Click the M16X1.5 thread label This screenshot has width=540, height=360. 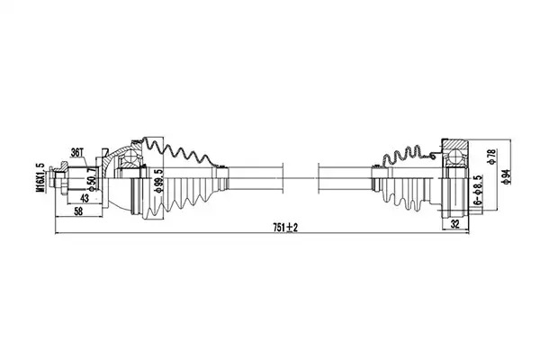tap(42, 177)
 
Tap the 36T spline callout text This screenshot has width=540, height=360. tap(77, 153)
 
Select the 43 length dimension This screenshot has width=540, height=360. tap(85, 198)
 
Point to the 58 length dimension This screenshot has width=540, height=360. tap(78, 211)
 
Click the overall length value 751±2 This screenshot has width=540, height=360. tap(285, 228)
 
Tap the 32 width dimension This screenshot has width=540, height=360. tap(454, 224)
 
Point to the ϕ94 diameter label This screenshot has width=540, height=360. tap(506, 176)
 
